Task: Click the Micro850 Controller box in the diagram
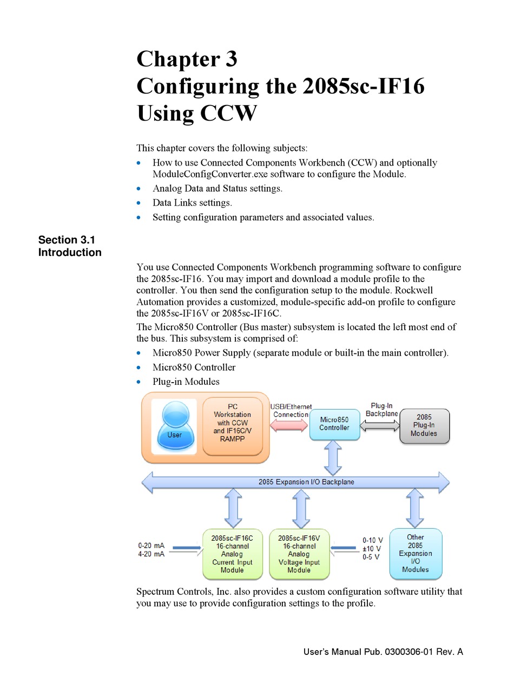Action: (x=334, y=424)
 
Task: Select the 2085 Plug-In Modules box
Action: (x=424, y=425)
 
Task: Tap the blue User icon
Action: (x=174, y=427)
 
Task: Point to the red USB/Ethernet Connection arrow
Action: (x=289, y=425)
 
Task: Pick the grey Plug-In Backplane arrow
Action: (x=379, y=426)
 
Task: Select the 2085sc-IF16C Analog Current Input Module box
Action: (x=232, y=554)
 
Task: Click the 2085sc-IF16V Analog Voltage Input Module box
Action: (x=299, y=554)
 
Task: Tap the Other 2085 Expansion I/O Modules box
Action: (x=416, y=553)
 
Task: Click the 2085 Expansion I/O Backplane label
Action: (x=306, y=482)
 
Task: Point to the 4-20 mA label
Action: (x=151, y=555)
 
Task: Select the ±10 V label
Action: (x=372, y=549)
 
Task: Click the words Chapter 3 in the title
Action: (x=187, y=58)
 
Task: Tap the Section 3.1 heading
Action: (x=67, y=240)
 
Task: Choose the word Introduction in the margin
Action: (x=70, y=252)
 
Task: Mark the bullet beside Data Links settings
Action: (x=140, y=203)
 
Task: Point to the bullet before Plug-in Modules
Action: (x=140, y=382)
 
